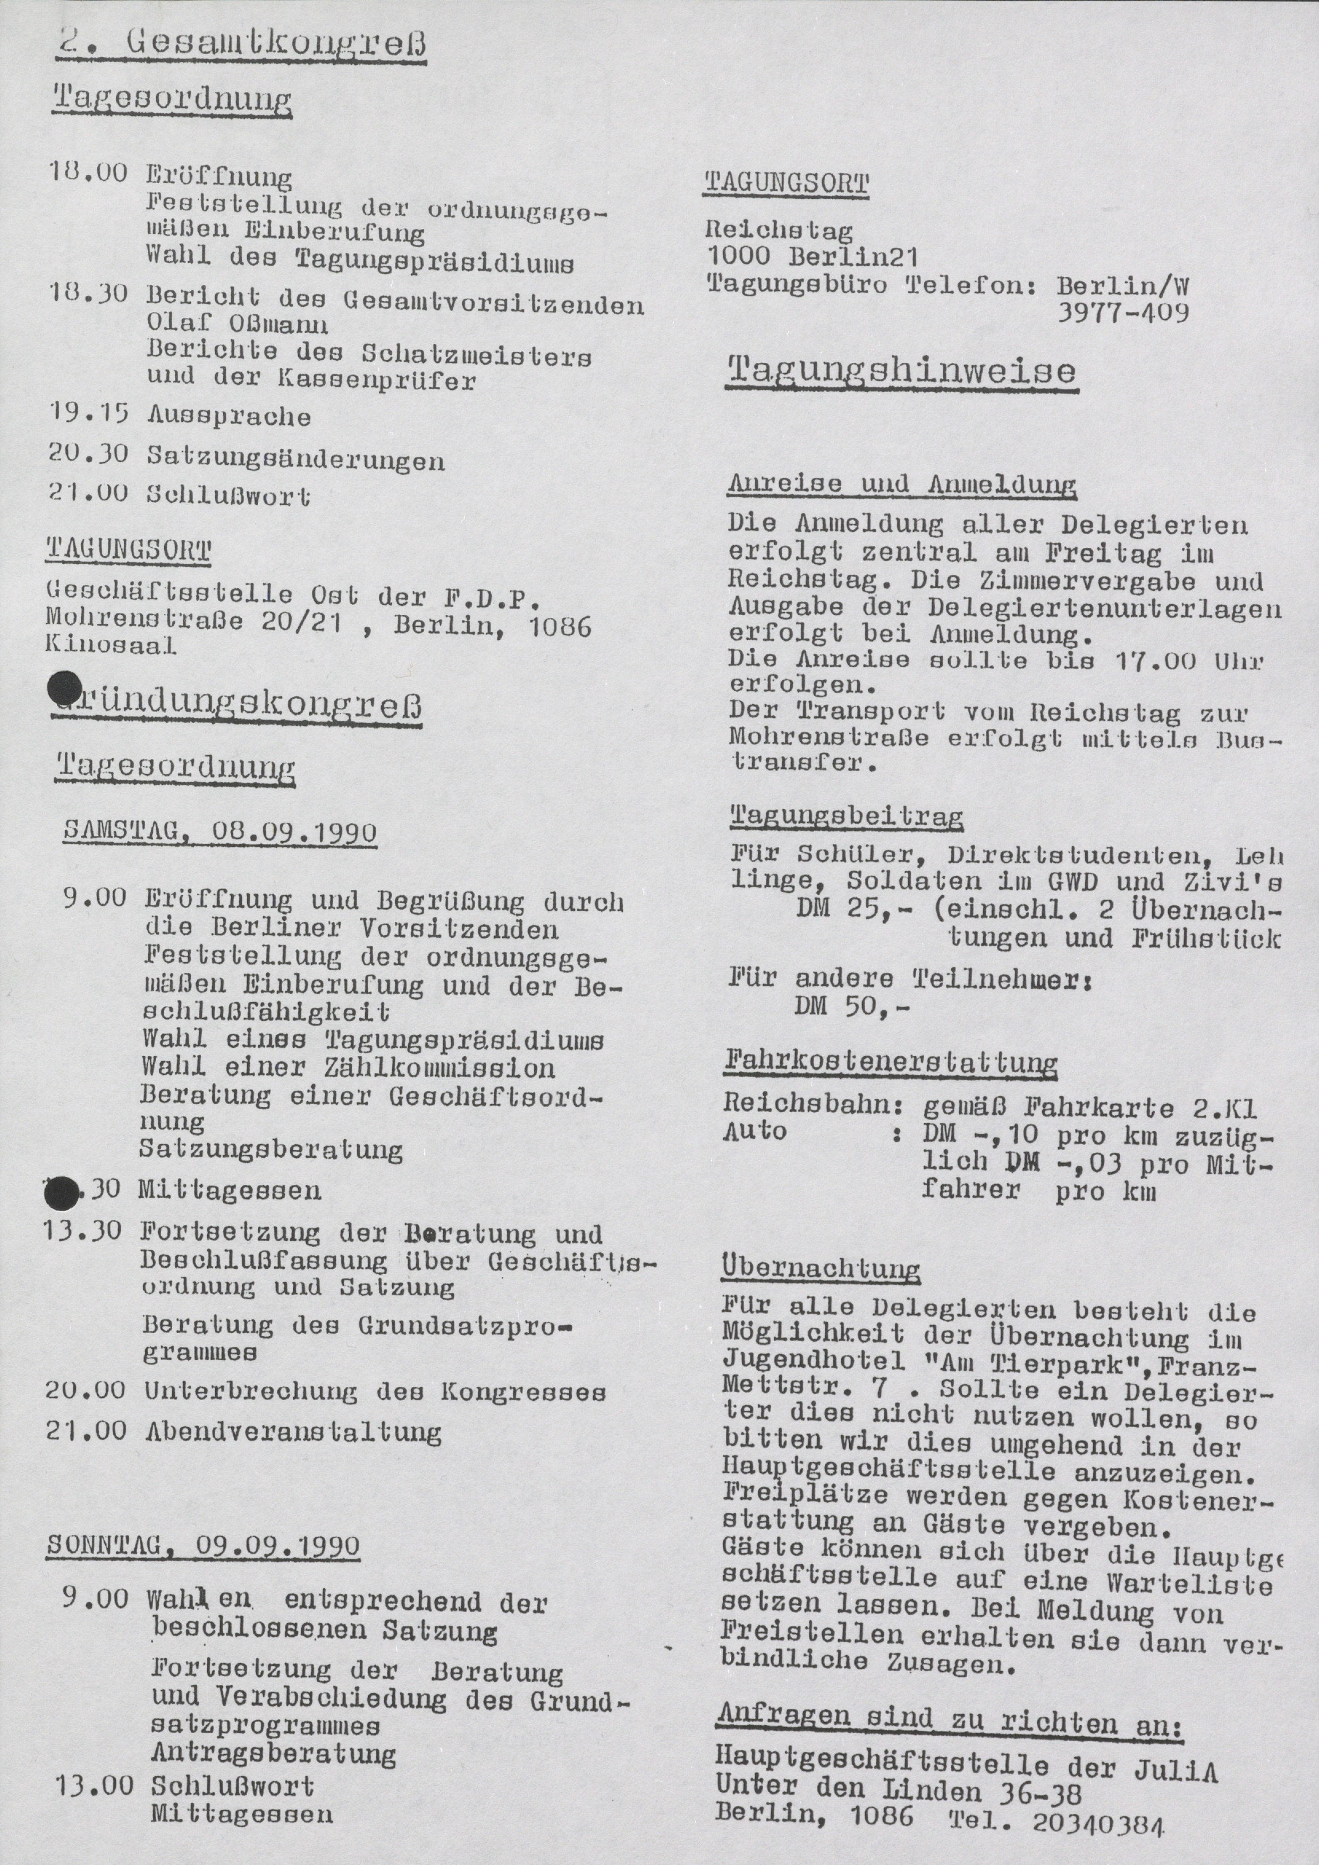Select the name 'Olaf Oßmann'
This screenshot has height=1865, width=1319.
(237, 325)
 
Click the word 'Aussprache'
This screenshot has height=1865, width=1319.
(229, 417)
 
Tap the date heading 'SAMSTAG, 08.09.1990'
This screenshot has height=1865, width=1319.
(219, 833)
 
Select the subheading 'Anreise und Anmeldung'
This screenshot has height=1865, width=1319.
(901, 485)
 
